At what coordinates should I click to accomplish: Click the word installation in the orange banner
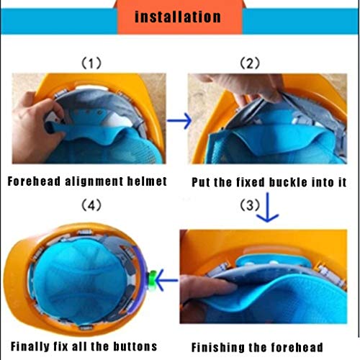tap(178, 17)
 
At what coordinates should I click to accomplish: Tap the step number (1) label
tap(91, 63)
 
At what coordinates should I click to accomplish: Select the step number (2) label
tap(250, 63)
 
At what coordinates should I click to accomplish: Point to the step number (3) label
tap(250, 205)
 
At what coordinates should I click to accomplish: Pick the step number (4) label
tap(91, 205)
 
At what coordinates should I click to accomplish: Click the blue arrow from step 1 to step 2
tap(179, 120)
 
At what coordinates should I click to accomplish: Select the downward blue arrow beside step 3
tap(267, 207)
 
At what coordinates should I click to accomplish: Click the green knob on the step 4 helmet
tap(152, 279)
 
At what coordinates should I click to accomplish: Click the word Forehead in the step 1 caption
tap(34, 181)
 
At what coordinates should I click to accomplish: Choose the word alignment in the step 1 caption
tap(94, 181)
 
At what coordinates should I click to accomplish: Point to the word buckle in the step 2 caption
tap(288, 182)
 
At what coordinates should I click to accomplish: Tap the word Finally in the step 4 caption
tap(30, 346)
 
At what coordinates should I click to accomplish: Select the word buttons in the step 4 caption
tap(135, 346)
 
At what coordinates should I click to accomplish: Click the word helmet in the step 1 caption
tap(147, 181)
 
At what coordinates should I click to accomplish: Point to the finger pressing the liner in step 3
tap(209, 287)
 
